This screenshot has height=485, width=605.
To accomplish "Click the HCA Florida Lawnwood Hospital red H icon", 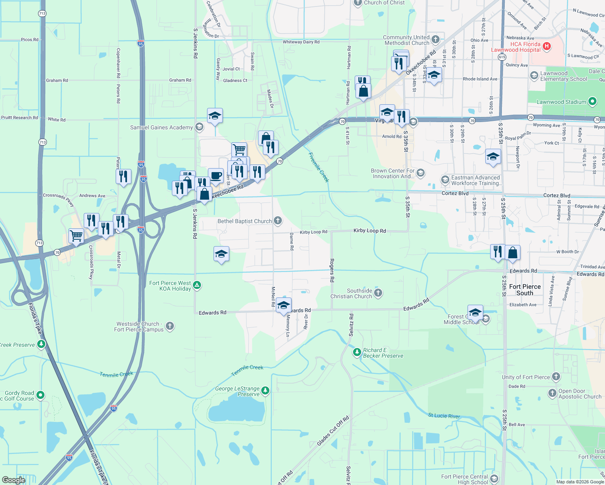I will [547, 46].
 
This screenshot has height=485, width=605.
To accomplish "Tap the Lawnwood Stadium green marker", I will [592, 101].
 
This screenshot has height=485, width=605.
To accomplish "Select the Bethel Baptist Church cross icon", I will [277, 221].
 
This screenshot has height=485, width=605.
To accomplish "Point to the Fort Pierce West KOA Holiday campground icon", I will [197, 285].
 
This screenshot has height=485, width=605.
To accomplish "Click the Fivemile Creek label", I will [319, 167].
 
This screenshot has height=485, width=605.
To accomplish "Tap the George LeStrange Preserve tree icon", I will [265, 390].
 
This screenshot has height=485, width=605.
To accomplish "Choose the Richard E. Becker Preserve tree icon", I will [357, 352].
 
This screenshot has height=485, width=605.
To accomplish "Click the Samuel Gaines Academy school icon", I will [199, 127].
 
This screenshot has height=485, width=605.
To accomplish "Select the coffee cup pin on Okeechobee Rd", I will [216, 176].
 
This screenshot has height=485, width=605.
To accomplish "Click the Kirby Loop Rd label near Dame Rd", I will [313, 232].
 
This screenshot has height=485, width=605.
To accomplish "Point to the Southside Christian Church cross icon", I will [378, 293].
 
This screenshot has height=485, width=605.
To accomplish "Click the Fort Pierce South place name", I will [525, 290].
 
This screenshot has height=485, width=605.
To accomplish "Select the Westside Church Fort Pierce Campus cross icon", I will [170, 326].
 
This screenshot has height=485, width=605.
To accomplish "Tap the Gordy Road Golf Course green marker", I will [40, 395].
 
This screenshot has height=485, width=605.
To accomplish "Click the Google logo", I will [13, 480].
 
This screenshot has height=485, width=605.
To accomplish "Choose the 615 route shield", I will [502, 57].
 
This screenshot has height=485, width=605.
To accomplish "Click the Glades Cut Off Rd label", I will [333, 431].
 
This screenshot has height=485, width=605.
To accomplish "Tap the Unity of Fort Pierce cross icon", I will [556, 377].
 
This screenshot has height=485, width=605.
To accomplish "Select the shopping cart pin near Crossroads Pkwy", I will [76, 235].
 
